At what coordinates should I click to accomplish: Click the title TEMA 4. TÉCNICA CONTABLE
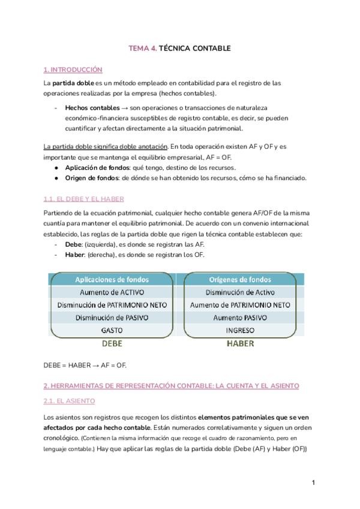click(x=179, y=47)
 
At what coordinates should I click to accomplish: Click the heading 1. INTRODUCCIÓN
click(x=73, y=70)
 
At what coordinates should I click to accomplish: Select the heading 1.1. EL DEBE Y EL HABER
click(x=83, y=198)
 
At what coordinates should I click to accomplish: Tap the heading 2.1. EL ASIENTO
click(x=69, y=400)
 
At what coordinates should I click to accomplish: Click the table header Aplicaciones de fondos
click(x=112, y=279)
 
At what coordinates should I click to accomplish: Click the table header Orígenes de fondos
click(x=239, y=279)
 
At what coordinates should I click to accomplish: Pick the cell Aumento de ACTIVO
click(x=112, y=292)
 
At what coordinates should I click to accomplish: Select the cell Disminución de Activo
click(x=239, y=292)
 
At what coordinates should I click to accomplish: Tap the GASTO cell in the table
click(x=112, y=330)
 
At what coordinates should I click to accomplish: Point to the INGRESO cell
click(x=239, y=330)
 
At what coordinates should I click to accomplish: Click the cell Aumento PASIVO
click(x=239, y=318)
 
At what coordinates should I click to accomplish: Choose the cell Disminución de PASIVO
click(x=112, y=318)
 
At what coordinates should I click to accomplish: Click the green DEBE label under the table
click(x=112, y=344)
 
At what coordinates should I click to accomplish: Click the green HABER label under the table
click(x=239, y=344)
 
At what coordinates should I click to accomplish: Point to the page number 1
click(x=313, y=482)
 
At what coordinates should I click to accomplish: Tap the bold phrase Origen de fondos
click(x=91, y=178)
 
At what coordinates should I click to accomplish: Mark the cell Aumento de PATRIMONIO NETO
click(x=239, y=304)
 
